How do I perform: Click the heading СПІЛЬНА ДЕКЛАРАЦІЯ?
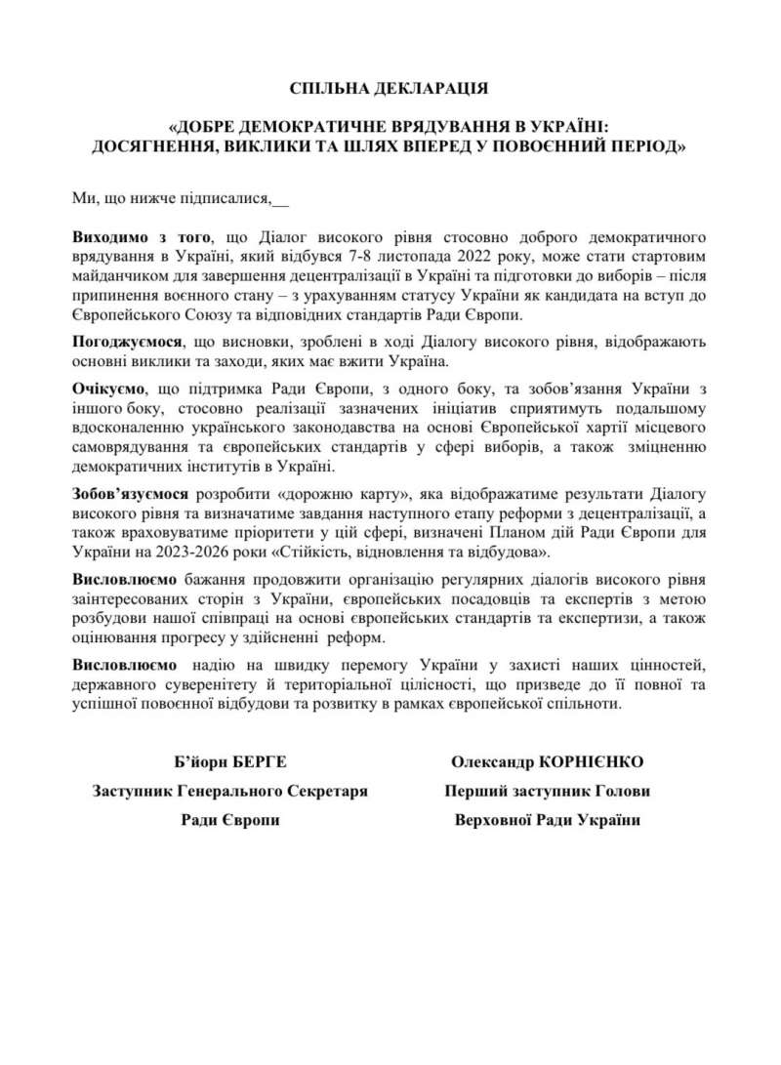[x=390, y=89]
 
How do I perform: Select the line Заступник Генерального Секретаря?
[x=230, y=790]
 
